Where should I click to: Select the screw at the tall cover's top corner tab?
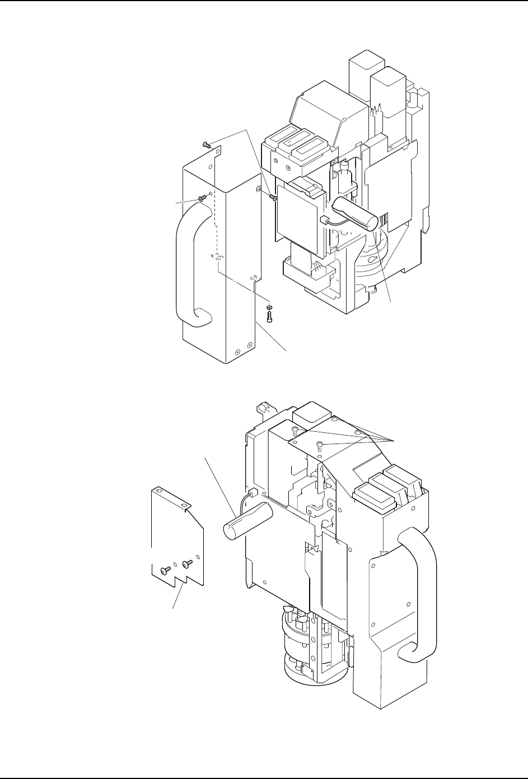(207, 144)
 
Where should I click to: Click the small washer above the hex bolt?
(270, 307)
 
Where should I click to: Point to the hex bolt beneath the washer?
(270, 316)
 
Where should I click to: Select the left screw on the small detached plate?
(163, 571)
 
